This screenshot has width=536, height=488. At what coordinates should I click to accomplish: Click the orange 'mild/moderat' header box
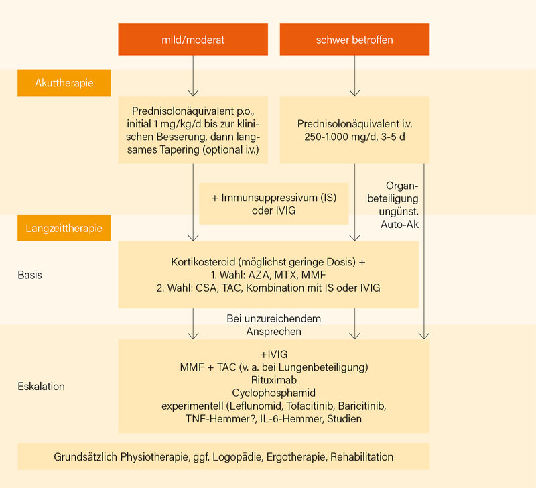193,40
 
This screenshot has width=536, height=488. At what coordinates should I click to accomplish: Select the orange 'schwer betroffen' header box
354,40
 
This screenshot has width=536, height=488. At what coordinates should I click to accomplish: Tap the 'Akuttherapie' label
64,83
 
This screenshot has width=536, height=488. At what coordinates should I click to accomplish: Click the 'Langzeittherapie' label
64,228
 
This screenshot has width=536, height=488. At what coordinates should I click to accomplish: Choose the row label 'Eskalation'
41,386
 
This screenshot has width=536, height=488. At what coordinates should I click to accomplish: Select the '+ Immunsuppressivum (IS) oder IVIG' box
275,204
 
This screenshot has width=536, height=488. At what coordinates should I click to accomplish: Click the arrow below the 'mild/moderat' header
193,76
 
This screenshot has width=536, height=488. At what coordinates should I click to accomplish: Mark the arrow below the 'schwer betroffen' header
354,76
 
